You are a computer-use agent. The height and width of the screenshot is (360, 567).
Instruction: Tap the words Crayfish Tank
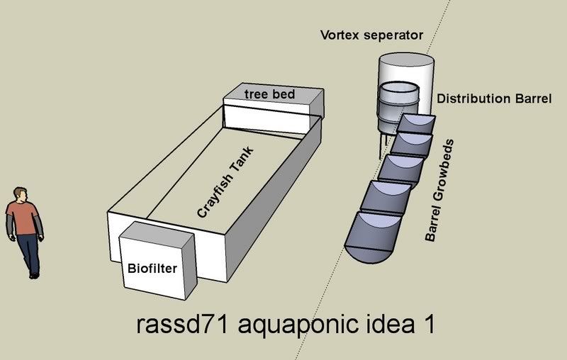click(225, 181)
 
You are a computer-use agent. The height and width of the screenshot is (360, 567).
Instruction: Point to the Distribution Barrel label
click(493, 99)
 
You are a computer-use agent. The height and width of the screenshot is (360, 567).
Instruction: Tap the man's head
click(20, 195)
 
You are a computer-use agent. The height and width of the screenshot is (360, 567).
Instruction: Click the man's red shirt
click(22, 218)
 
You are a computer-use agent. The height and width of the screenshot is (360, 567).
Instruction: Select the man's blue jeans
click(27, 252)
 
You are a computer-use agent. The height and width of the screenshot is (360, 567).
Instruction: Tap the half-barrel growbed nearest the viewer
click(371, 233)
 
